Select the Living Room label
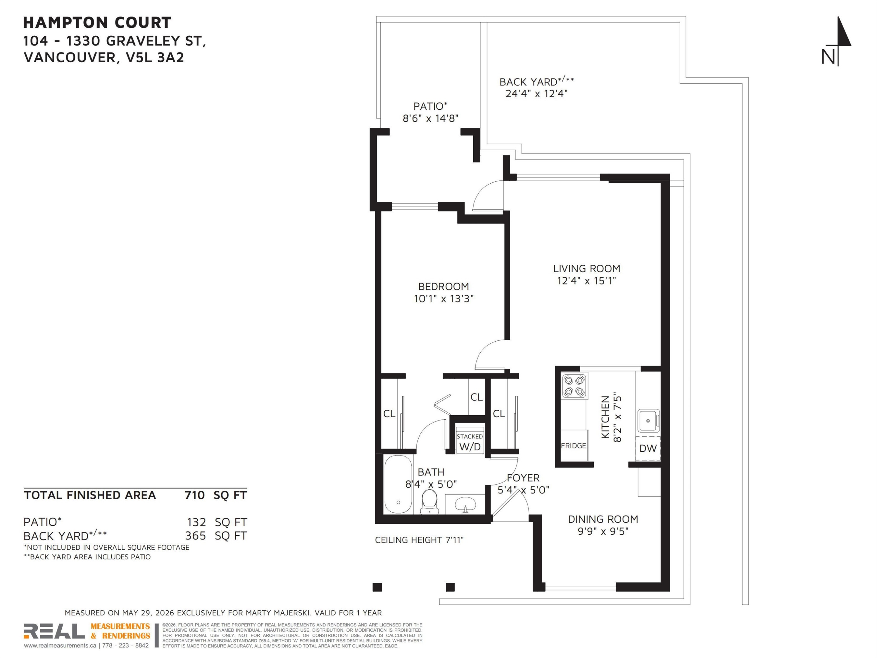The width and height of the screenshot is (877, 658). click(586, 268)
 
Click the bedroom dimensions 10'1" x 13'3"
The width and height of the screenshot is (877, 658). click(444, 299)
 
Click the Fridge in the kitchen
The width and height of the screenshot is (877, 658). click(573, 445)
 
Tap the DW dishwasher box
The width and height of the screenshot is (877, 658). click(648, 448)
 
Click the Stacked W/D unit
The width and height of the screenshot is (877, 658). click(470, 441)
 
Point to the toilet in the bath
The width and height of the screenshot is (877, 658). click(429, 501)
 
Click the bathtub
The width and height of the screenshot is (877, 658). click(398, 485)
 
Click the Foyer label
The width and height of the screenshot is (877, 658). click(523, 478)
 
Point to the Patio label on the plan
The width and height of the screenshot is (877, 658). click(430, 106)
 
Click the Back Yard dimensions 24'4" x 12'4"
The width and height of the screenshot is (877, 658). click(536, 94)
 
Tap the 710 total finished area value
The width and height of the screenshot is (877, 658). click(195, 495)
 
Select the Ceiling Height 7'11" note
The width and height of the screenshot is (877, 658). click(419, 540)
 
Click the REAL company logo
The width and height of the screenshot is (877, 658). click(54, 631)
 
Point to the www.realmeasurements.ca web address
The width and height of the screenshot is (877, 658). click(60, 646)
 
